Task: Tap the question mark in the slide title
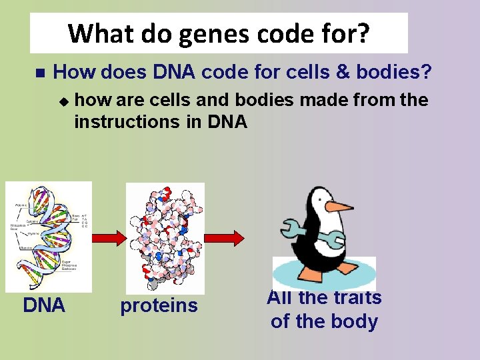coord(362,33)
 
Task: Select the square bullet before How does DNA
coord(39,71)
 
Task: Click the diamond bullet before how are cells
coord(63,102)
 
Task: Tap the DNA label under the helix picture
coord(44,305)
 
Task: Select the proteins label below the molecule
coord(159,305)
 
